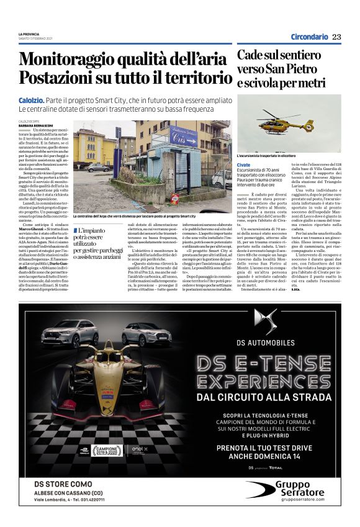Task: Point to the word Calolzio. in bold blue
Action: pyautogui.click(x=30, y=100)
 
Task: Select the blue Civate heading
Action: pyautogui.click(x=243, y=164)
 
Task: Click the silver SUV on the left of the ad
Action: pyautogui.click(x=69, y=333)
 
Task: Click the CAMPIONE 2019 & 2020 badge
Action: pyautogui.click(x=108, y=449)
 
